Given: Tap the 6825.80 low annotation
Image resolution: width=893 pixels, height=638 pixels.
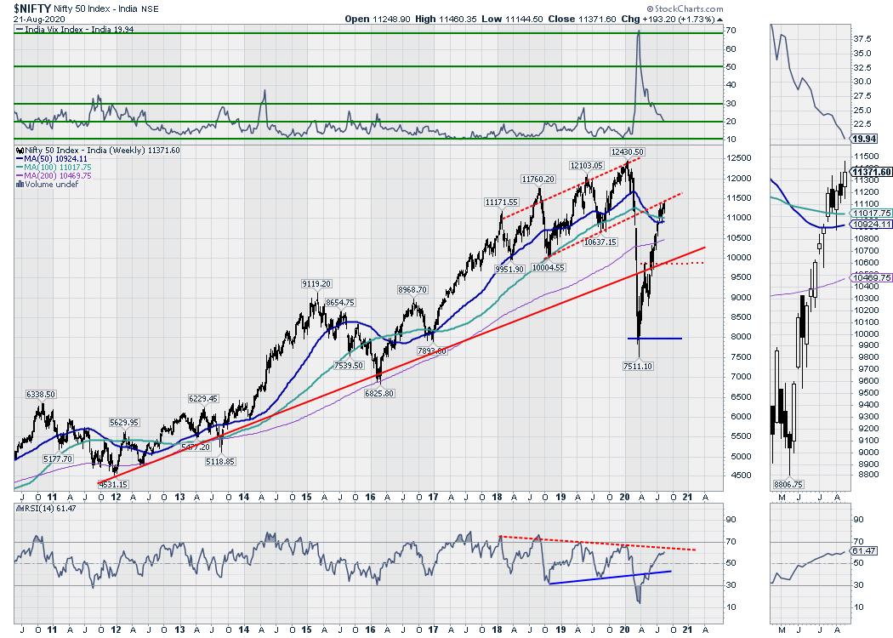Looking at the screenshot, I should (378, 392).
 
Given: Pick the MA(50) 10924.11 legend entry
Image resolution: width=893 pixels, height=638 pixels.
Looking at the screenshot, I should (57, 159).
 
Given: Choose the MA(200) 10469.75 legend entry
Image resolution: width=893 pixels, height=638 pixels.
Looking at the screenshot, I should (60, 175).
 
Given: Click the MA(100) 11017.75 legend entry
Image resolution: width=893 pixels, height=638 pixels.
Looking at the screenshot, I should (60, 168).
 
